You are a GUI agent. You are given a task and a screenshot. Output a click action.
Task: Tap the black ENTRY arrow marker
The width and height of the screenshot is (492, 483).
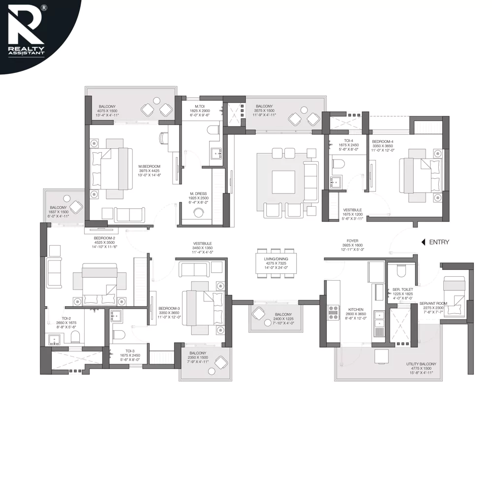click(x=423, y=242)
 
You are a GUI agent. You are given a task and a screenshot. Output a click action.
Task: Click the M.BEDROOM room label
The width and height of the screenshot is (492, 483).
click(x=150, y=166)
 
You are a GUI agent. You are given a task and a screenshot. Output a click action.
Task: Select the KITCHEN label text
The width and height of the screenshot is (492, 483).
click(x=356, y=310)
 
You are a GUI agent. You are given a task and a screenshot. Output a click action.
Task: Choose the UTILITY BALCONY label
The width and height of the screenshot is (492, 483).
click(x=421, y=364)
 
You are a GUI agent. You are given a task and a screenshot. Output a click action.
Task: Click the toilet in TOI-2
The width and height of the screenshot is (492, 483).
click(x=75, y=337)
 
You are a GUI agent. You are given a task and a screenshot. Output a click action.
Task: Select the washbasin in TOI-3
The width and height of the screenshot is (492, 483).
click(x=116, y=316)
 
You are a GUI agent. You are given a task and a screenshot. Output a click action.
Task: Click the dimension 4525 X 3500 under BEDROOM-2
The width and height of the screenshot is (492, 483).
click(x=104, y=242)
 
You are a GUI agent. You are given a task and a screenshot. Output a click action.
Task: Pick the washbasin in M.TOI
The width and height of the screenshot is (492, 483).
click(x=215, y=154)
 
